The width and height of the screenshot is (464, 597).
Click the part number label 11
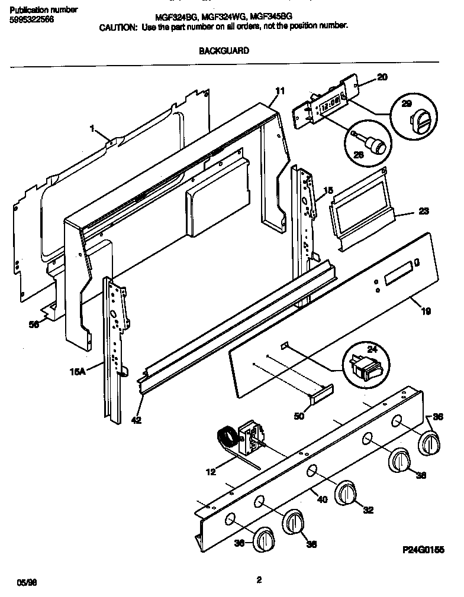coord(280,90)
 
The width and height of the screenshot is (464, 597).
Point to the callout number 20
coord(382,77)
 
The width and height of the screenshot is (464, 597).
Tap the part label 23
coord(424,211)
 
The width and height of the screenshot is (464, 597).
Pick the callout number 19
coord(426,311)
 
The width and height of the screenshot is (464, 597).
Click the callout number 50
coord(299,416)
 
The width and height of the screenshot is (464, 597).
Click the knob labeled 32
coord(346,494)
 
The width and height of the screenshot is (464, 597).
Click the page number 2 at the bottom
coord(259,580)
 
